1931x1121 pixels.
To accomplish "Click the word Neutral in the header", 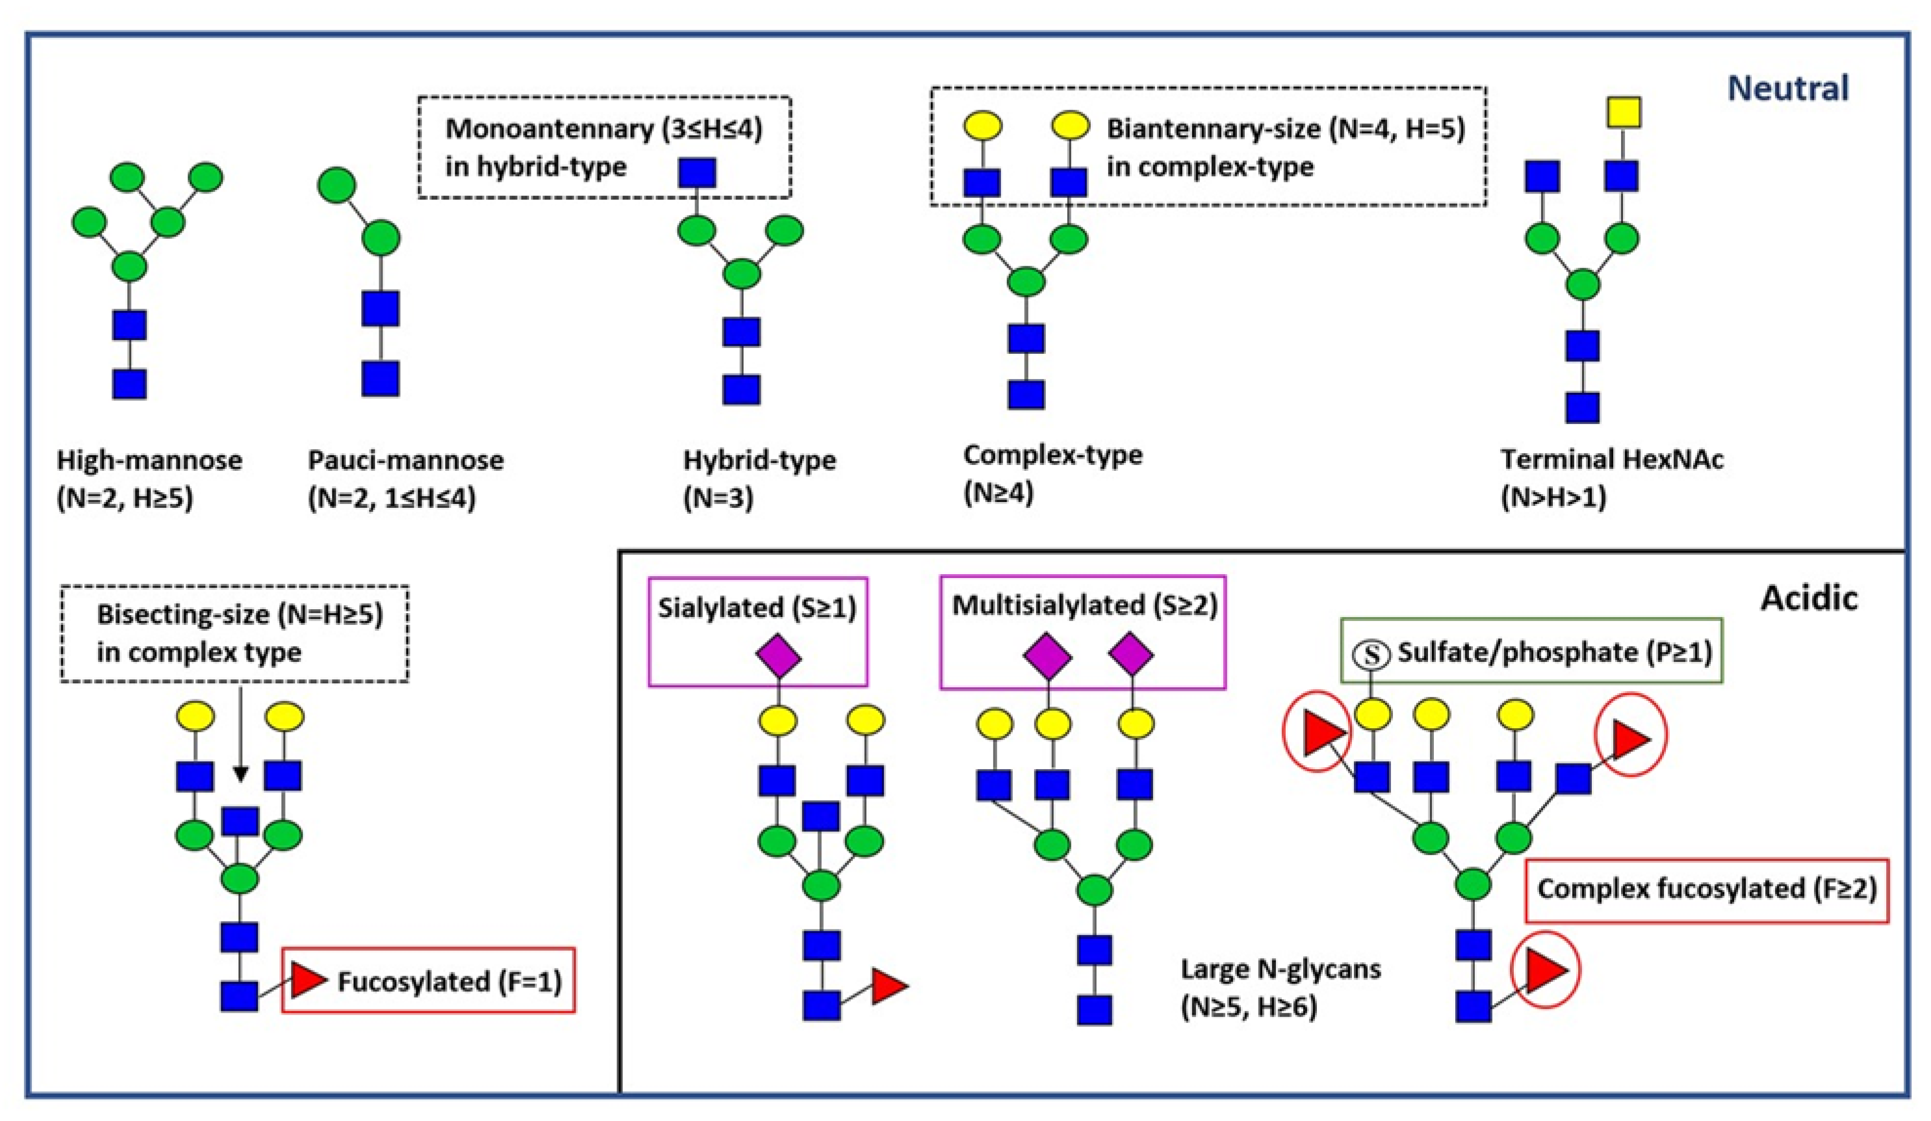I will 1788,88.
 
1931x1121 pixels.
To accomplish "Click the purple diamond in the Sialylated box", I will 778,656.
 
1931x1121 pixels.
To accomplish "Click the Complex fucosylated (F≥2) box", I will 1706,889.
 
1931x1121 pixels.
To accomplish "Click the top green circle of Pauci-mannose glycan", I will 336,185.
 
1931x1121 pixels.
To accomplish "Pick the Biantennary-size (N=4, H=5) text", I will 1285,129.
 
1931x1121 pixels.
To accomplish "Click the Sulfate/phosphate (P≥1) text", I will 1554,652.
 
